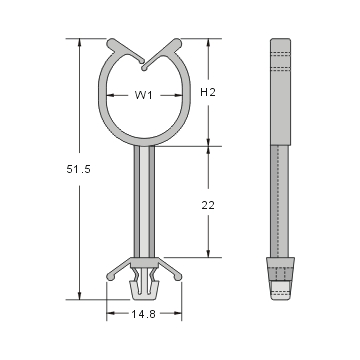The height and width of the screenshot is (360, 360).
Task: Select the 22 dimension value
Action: [x=207, y=204]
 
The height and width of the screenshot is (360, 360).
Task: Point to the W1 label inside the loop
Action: [x=144, y=97]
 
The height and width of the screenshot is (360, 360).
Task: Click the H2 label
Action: [x=208, y=93]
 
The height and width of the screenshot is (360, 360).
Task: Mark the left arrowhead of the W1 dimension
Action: [x=110, y=97]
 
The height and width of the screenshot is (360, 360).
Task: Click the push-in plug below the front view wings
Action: [x=144, y=288]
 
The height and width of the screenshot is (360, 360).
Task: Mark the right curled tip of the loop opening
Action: [x=177, y=45]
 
